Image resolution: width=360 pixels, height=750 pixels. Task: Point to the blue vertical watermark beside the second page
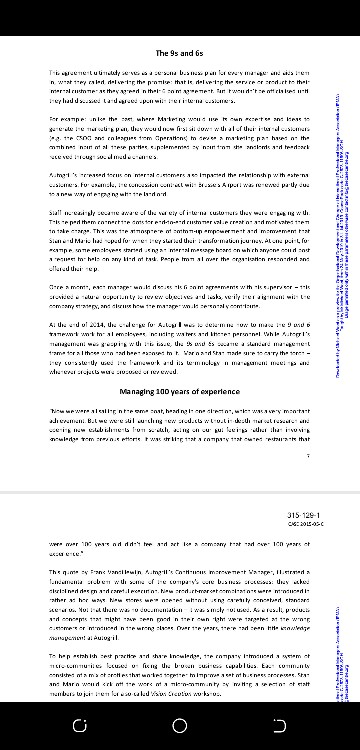(344, 609)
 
